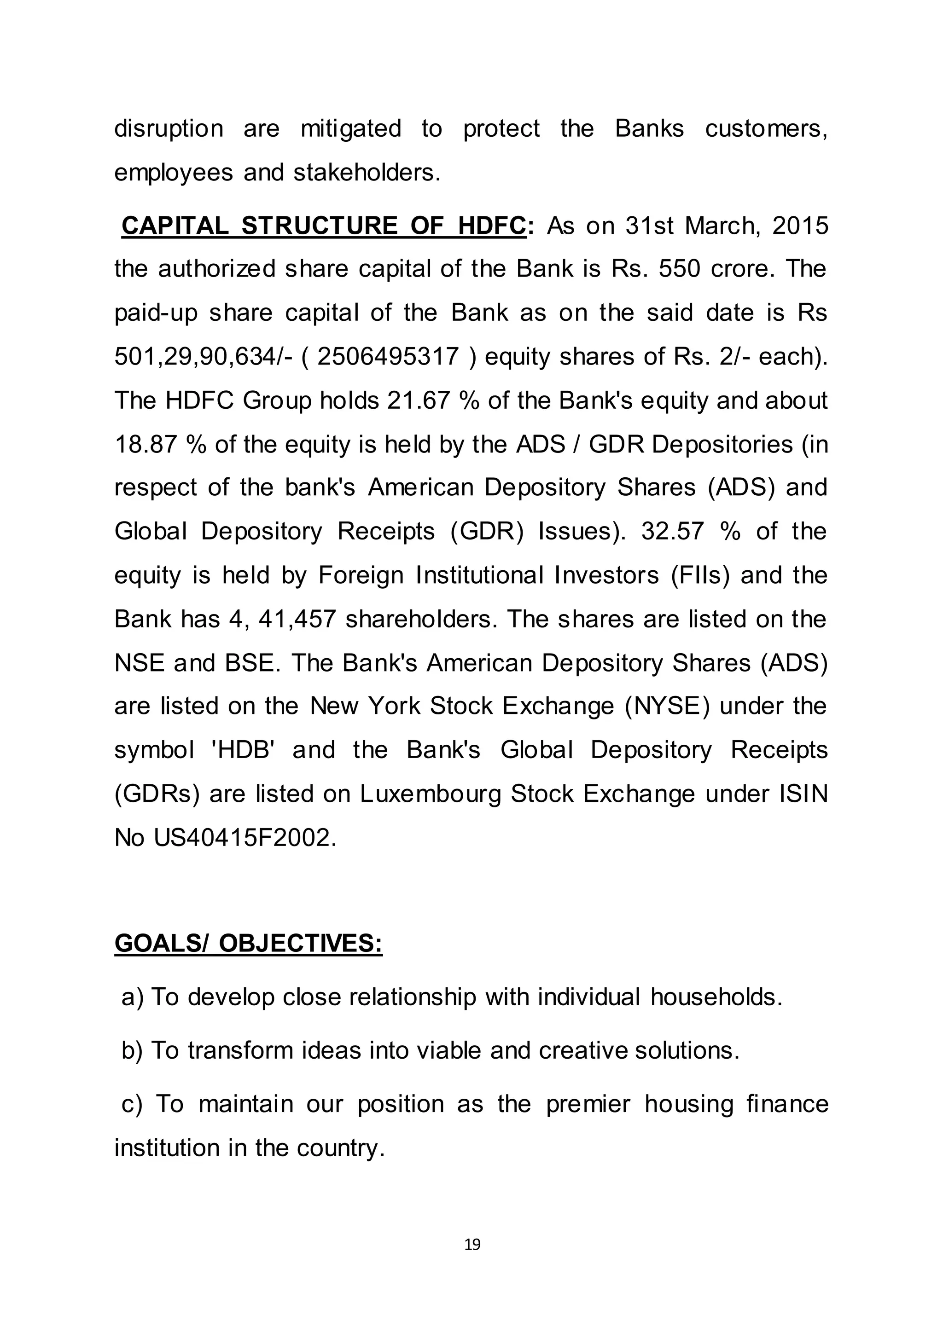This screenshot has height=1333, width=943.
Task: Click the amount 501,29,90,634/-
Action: (x=203, y=356)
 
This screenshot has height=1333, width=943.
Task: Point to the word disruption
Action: (x=169, y=129)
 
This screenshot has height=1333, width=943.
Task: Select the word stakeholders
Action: (x=367, y=173)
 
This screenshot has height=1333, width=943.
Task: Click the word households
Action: (x=716, y=997)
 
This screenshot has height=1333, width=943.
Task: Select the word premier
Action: (x=588, y=1104)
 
